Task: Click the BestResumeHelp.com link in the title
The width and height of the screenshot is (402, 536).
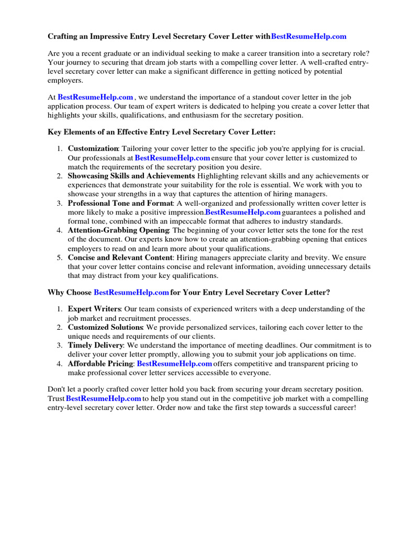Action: [x=309, y=37]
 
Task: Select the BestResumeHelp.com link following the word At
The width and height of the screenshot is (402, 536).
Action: [x=95, y=97]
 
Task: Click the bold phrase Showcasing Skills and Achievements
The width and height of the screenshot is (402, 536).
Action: [x=131, y=176]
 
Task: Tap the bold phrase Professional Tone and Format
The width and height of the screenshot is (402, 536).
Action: [x=120, y=203]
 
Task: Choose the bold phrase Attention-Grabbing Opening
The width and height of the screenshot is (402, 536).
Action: [x=118, y=230]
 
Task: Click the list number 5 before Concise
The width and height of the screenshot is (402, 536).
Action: [x=60, y=258]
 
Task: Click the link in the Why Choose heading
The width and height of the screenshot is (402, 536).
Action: [x=131, y=292]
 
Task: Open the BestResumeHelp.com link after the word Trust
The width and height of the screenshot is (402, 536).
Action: [x=104, y=398]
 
